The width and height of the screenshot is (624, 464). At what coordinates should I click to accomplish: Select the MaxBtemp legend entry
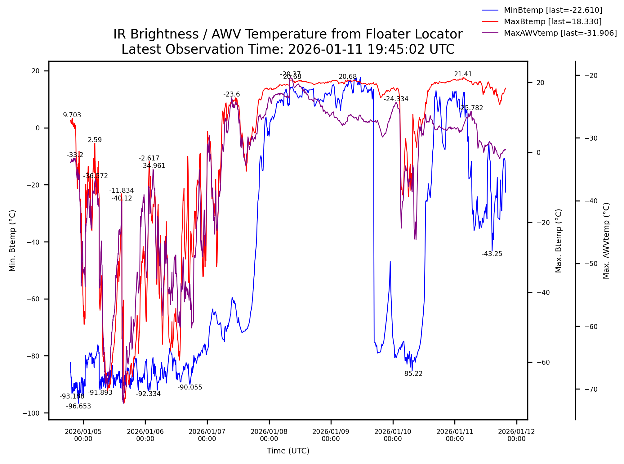(552, 22)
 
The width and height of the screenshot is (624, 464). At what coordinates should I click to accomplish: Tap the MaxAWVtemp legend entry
(560, 33)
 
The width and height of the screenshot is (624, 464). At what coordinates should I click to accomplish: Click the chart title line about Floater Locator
(287, 34)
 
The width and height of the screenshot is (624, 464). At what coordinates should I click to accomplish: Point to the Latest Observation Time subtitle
(287, 50)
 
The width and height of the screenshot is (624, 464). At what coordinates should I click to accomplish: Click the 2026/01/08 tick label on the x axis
(269, 435)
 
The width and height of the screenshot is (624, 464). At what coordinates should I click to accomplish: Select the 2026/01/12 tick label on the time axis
(516, 435)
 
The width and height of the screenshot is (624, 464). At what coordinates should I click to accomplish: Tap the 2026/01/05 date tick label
(83, 435)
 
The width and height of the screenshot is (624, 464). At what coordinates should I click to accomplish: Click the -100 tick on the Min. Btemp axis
(31, 413)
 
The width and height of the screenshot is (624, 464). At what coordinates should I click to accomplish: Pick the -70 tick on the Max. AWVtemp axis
(591, 389)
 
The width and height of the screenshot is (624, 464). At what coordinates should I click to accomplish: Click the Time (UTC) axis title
(288, 451)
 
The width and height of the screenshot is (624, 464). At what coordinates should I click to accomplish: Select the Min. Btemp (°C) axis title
(12, 241)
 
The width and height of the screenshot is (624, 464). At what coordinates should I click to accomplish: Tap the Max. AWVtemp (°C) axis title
(606, 241)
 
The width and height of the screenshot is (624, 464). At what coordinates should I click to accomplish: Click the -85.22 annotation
(412, 374)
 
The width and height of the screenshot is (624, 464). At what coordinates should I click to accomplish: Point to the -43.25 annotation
(492, 254)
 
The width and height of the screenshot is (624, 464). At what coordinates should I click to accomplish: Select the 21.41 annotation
(463, 74)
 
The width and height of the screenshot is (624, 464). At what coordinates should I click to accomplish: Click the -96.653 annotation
(78, 406)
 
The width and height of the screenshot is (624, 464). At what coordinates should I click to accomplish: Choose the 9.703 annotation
(72, 115)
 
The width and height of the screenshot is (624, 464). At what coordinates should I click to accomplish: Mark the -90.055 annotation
(190, 387)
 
